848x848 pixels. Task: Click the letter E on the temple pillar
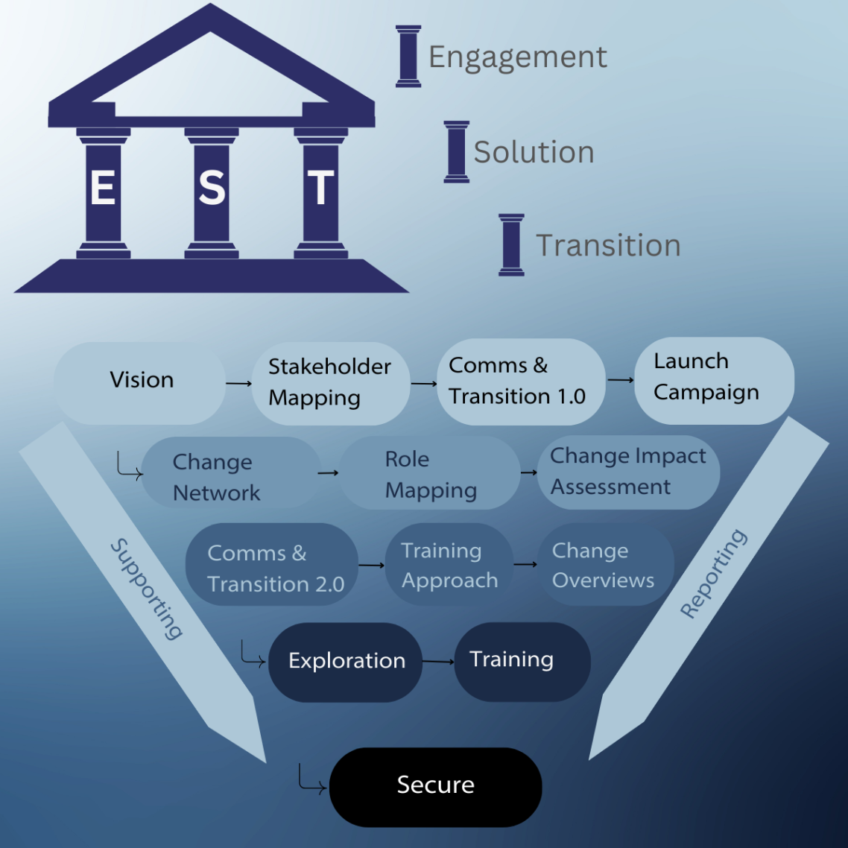coord(103,187)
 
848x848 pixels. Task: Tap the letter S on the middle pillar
coord(212,188)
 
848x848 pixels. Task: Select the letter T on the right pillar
coord(320,188)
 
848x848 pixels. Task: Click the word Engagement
coord(517,57)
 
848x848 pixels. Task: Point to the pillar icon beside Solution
coord(456,151)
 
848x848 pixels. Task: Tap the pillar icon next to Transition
coord(511,244)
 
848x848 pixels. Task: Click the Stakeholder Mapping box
coord(329,382)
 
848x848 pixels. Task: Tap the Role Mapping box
coord(429,475)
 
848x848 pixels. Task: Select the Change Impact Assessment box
coord(627,472)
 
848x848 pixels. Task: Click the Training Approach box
coord(449,566)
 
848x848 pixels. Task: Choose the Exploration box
coord(346,662)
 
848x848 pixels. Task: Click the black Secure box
coord(435,786)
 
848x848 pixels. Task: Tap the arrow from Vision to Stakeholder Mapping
coord(238,383)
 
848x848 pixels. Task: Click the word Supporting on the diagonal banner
coord(147,589)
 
